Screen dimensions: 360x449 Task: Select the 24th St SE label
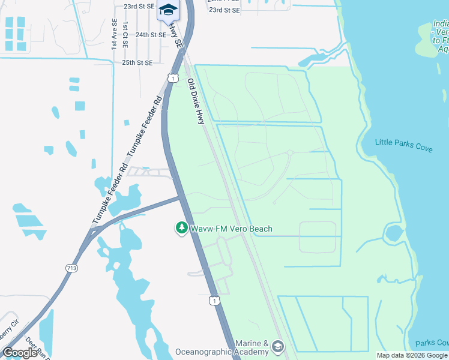150,35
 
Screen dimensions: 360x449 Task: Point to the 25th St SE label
137,62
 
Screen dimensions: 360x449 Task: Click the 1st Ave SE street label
113,34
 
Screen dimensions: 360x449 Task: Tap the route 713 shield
72,268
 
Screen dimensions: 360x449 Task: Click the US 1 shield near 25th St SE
172,78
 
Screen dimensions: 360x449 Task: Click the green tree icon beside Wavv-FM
181,228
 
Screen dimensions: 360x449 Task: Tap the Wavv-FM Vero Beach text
231,229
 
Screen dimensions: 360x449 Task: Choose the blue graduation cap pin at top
168,11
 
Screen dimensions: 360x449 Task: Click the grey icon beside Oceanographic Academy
277,346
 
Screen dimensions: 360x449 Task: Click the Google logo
20,352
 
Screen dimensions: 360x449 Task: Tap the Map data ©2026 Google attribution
412,355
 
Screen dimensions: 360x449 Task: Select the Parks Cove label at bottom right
432,343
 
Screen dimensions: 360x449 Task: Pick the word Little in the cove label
385,142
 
